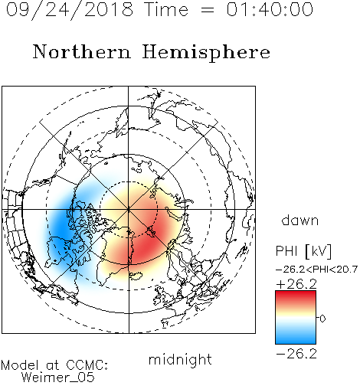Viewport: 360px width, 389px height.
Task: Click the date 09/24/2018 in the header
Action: (x=70, y=10)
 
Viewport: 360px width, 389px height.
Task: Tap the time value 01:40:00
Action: (x=270, y=9)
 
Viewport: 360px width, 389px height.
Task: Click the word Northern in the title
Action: (x=82, y=52)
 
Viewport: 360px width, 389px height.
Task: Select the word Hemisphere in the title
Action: (x=206, y=53)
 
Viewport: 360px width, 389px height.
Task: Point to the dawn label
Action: (x=300, y=220)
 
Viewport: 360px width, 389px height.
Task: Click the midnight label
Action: (x=180, y=361)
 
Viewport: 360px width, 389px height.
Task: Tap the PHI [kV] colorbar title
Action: (x=303, y=251)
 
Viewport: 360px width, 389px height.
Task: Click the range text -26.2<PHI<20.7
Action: (x=316, y=270)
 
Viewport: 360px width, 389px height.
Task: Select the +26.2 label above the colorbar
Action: (x=296, y=284)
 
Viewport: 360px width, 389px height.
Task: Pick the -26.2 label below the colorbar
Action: (x=296, y=354)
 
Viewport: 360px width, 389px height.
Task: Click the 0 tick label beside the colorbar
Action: (x=322, y=319)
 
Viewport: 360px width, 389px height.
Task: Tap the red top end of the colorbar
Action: (x=296, y=293)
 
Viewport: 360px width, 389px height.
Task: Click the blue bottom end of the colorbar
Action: (x=296, y=342)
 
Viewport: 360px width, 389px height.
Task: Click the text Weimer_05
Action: (x=58, y=378)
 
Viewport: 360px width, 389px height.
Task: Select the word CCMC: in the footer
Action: (x=87, y=365)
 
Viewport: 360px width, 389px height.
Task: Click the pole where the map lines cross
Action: (x=129, y=209)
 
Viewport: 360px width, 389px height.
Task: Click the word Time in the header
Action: (x=166, y=9)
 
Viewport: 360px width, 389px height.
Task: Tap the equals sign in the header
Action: (x=207, y=10)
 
